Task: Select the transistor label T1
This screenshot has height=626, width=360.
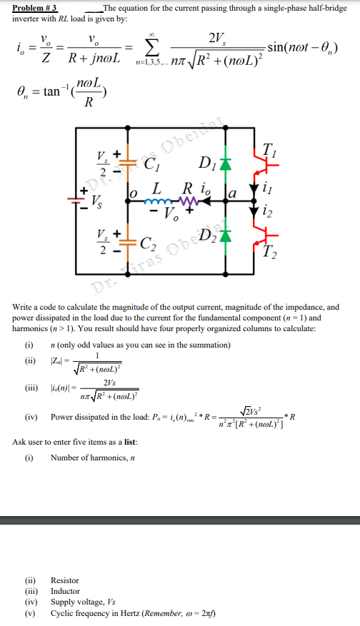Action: click(271, 150)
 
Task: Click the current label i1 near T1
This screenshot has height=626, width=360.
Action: click(266, 190)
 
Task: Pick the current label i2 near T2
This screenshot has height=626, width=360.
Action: click(266, 211)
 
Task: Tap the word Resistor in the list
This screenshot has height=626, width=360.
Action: click(65, 580)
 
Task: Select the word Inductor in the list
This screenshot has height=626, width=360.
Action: click(65, 591)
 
